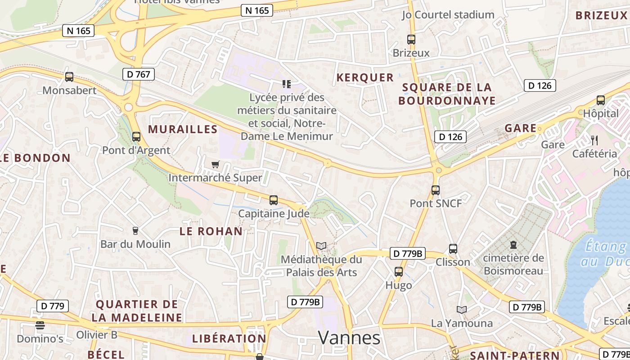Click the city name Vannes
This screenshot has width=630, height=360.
349,337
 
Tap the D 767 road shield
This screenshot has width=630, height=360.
139,74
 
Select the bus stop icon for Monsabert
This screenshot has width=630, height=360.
69,77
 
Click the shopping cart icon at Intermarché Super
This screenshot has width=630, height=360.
215,165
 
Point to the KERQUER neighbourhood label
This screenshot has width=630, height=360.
365,77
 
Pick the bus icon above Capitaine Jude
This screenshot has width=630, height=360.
273,200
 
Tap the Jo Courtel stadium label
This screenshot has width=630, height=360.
448,15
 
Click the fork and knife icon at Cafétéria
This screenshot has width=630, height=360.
594,140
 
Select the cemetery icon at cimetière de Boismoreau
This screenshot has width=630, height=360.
513,245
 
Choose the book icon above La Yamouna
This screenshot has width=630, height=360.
462,310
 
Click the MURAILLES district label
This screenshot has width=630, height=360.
183,130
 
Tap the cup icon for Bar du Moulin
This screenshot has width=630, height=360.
135,231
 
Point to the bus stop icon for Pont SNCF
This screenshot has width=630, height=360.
435,190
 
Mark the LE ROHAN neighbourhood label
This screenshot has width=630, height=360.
211,231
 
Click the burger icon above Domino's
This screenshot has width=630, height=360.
40,325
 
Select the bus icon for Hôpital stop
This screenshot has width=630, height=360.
601,100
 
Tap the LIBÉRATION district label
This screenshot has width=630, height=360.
229,338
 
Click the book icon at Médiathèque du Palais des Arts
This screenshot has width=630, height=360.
321,246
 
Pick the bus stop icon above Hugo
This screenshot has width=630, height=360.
399,272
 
